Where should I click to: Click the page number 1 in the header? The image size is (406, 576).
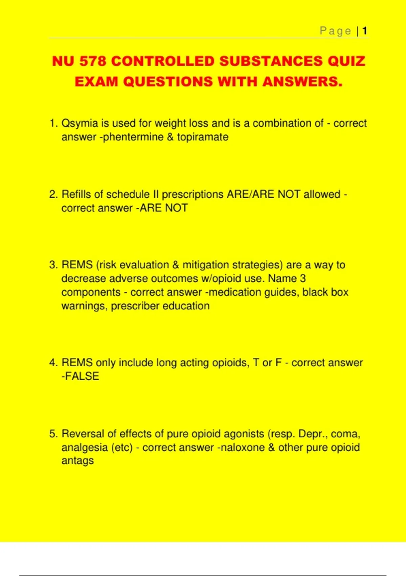point(364,31)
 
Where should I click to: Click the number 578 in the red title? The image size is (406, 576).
point(93,61)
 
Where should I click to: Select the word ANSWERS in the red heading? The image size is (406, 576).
point(302,82)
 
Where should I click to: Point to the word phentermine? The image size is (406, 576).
point(133,137)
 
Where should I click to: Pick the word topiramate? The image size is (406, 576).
point(203,137)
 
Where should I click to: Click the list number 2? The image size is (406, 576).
point(53,194)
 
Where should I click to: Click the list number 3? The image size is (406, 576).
point(53,265)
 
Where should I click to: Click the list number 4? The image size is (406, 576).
point(53,363)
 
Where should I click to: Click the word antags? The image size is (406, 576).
point(77,461)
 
